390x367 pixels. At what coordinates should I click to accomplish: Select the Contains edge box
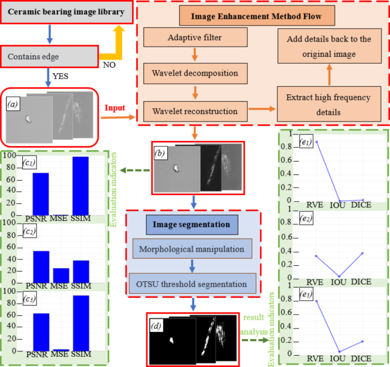pos(50,57)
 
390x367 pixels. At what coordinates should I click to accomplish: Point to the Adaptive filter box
pos(195,38)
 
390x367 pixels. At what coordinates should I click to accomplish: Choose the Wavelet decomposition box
pos(195,73)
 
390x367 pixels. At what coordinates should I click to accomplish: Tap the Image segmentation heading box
pos(194,225)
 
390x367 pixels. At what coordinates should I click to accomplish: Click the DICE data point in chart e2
pos(363,253)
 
